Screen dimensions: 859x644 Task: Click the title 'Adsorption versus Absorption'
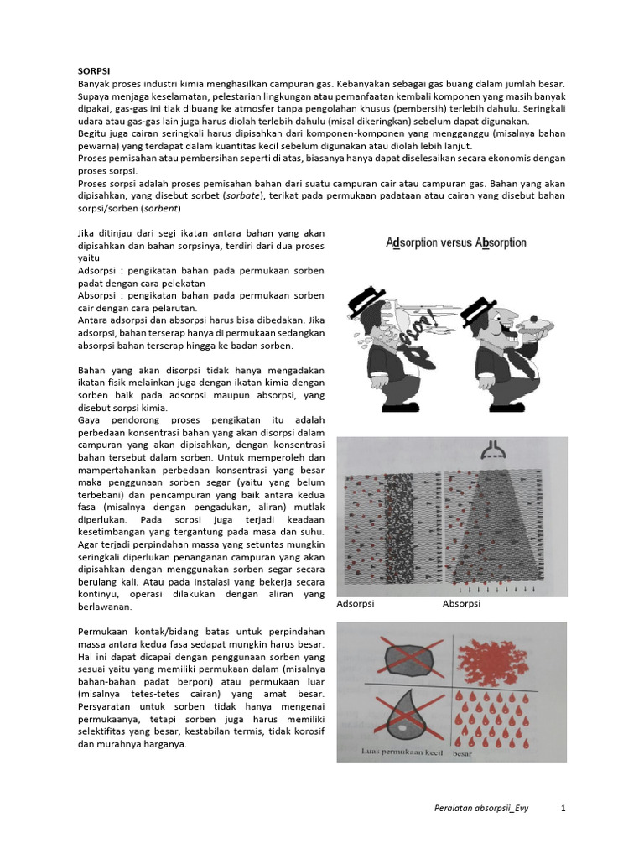[x=456, y=243]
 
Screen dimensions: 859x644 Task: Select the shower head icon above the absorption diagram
[x=490, y=454]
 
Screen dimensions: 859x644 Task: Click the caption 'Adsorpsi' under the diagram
[x=356, y=603]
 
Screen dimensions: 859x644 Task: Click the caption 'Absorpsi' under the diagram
[x=461, y=603]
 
